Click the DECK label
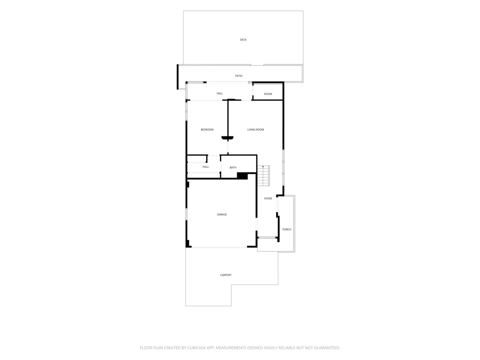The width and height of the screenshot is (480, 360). (243, 40)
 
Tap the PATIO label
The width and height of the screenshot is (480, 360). (239, 76)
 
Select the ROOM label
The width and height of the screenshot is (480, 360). (268, 94)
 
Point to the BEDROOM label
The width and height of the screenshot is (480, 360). (207, 130)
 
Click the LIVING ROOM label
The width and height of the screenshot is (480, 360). (255, 130)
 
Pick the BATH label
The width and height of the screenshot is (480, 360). (233, 168)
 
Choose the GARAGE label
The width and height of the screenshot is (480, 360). (222, 215)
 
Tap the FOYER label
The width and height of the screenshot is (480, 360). (268, 199)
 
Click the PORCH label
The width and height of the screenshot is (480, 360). (287, 230)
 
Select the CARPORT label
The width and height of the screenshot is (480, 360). (226, 275)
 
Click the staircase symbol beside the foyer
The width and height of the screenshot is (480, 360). (263, 176)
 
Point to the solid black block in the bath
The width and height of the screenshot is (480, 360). (242, 176)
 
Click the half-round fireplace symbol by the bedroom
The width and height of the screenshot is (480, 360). (227, 138)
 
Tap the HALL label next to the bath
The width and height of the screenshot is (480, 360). (206, 167)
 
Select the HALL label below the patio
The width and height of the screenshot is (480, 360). (220, 94)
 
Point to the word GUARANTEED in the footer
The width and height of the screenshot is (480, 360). (327, 348)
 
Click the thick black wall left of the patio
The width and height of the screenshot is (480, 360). (178, 77)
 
